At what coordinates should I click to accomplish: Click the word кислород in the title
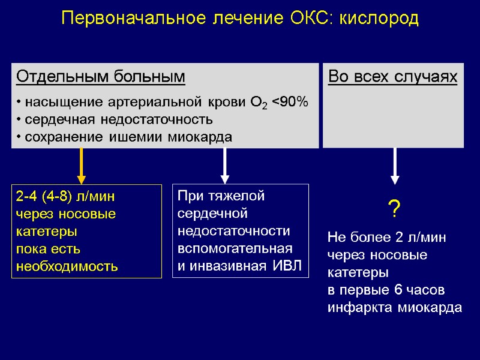coord(379,19)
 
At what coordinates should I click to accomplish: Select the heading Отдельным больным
coord(101,77)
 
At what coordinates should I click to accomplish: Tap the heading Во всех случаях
coord(392,77)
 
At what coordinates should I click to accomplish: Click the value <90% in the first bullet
coord(290,103)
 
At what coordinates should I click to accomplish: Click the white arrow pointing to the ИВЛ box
coord(225,165)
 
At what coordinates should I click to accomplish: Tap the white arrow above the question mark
coord(394,165)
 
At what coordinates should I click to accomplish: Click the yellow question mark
coord(394,211)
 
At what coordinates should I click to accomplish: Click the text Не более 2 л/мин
coord(387,238)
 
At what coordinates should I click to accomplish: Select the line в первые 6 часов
coord(386,291)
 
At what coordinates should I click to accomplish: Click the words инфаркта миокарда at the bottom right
coord(395,308)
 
